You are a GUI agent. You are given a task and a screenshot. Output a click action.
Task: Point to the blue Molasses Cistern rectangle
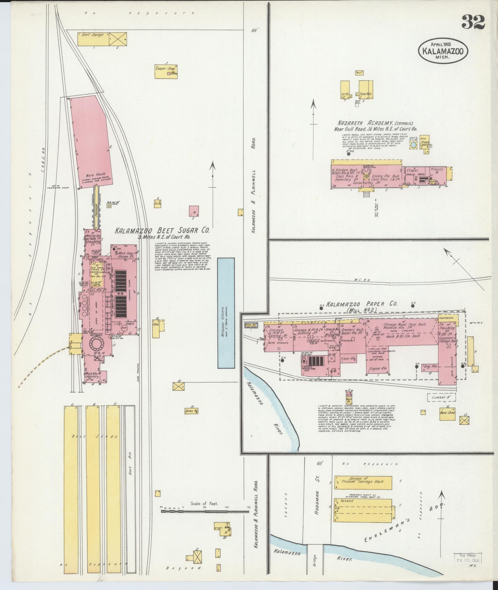click(226, 312)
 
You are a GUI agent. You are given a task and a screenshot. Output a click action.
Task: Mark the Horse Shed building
click(448, 412)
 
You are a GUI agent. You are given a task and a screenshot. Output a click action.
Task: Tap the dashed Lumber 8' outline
click(441, 397)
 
